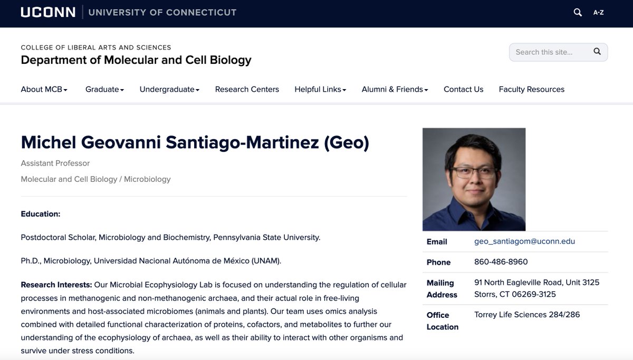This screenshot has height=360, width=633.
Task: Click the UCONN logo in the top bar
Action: [x=48, y=12]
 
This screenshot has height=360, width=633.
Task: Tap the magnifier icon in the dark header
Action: [x=578, y=12]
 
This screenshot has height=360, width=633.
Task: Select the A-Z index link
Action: [x=598, y=12]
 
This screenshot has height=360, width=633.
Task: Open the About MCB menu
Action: [x=44, y=90]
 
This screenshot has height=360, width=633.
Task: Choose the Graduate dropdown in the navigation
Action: [x=104, y=90]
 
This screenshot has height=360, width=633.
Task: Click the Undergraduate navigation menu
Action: [x=169, y=90]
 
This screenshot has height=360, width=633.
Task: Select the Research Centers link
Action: [x=247, y=90]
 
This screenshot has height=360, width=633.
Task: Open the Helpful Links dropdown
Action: [x=320, y=90]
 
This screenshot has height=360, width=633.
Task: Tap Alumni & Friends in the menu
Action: [x=395, y=90]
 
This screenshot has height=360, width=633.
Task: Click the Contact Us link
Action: [x=463, y=90]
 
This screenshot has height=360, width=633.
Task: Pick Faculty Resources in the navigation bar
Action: [x=531, y=90]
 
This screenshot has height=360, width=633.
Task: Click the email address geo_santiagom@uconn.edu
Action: [x=524, y=241]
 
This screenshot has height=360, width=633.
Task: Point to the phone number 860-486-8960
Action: [x=501, y=262]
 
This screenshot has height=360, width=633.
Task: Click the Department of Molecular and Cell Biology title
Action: [x=136, y=60]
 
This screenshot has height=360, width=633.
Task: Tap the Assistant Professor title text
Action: [x=55, y=163]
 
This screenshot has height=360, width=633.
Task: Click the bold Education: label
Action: [x=41, y=214]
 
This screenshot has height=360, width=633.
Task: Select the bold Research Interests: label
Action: [x=56, y=285]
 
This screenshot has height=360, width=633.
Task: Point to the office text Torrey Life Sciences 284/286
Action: [x=526, y=315]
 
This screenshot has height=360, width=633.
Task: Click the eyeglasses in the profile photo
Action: [x=473, y=172]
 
